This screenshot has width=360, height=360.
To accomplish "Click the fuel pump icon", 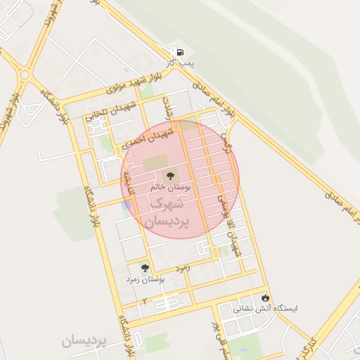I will (x=180, y=52).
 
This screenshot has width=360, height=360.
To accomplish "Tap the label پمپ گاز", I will (x=180, y=65).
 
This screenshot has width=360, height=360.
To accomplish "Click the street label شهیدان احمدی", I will (x=146, y=137).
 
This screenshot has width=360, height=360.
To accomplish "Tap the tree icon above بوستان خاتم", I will (x=169, y=175).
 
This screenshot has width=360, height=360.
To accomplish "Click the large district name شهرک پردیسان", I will (x=167, y=212).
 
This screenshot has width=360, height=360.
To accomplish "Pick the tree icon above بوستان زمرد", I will (x=145, y=268).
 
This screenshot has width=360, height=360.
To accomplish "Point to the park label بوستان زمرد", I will (x=145, y=280).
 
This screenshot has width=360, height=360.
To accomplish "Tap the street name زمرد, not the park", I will (x=182, y=269).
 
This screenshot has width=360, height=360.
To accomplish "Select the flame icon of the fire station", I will (x=265, y=297).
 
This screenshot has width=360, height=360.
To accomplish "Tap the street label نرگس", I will (x=227, y=142).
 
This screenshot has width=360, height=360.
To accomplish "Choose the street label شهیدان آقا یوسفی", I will (x=233, y=225).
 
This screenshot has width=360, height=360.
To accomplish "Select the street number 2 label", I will (x=145, y=301).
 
